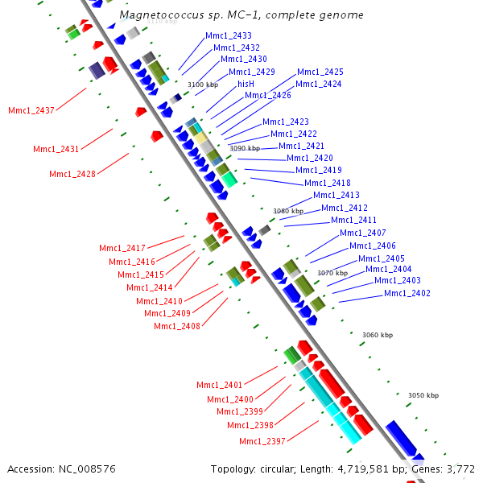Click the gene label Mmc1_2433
(228, 36)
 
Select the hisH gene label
(246, 84)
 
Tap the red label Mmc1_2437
(31, 110)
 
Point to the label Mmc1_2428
(72, 174)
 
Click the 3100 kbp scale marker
(203, 85)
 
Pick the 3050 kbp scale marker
(423, 395)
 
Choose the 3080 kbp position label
(288, 211)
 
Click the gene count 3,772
(460, 469)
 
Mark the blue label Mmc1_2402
(407, 293)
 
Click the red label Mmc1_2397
(262, 441)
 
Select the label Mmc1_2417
(122, 248)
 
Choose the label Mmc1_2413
(336, 196)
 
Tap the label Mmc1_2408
(176, 326)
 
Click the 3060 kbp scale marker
(377, 335)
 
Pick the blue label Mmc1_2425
(320, 72)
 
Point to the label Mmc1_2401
(219, 386)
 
